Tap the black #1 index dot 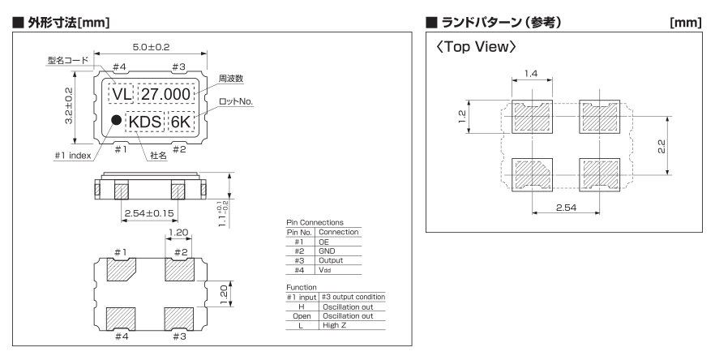tap(116, 121)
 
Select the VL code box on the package tap(122, 94)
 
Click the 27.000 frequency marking tap(165, 94)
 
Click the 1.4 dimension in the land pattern tap(532, 73)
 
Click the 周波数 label tap(231, 79)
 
